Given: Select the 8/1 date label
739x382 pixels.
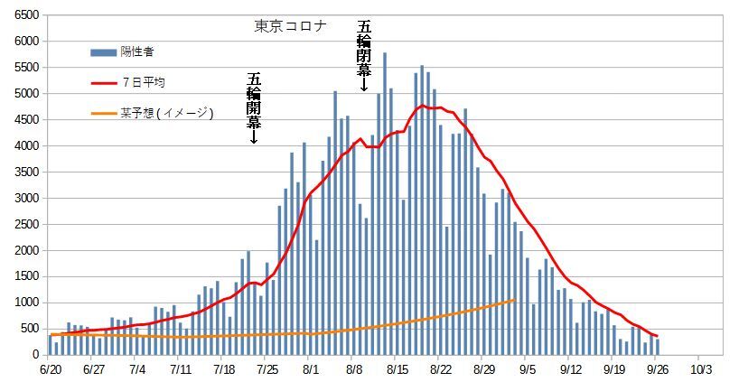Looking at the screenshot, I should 311,368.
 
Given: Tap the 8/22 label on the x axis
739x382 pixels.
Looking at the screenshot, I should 440,368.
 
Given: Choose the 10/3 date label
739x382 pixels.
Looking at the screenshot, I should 701,368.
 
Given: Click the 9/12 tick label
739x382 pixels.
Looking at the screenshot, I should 570,368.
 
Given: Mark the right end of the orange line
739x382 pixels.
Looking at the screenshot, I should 514,300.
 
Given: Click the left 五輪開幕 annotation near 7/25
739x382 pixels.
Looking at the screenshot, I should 253,107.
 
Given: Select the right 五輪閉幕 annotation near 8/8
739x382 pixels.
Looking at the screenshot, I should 363,55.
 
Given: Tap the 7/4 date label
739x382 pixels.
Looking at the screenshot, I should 138,368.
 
